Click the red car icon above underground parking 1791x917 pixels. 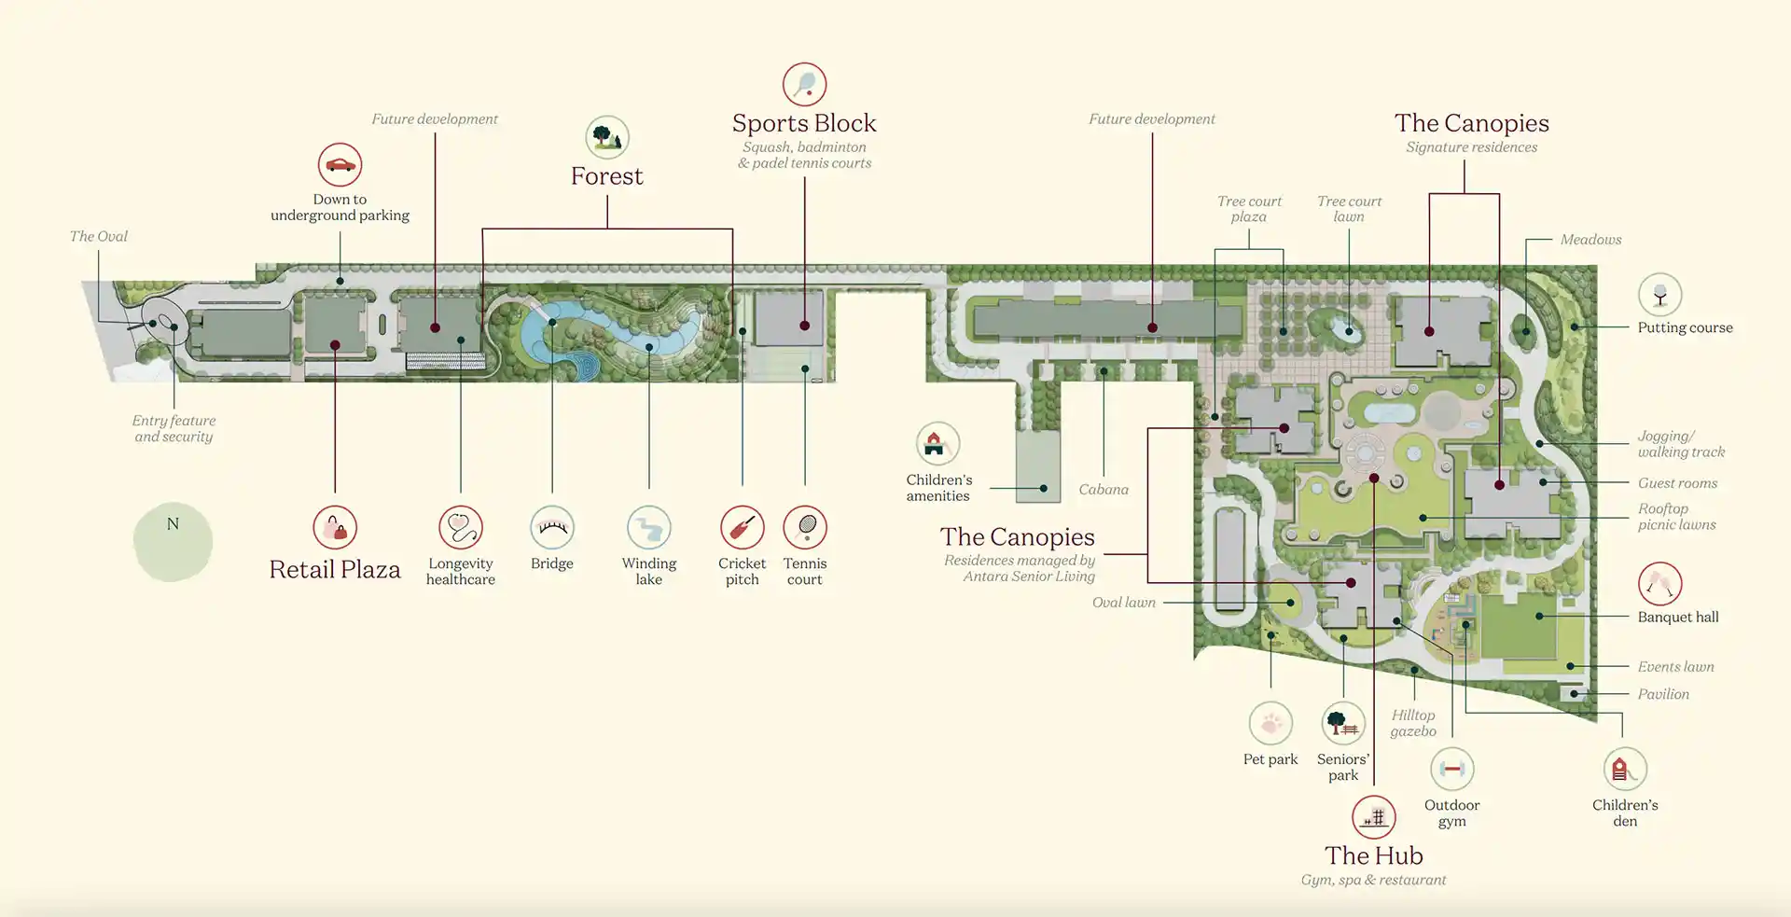click(340, 165)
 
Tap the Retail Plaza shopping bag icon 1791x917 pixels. click(335, 528)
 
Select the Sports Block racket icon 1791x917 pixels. click(804, 85)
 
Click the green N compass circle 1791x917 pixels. click(173, 541)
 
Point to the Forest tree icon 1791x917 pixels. click(607, 138)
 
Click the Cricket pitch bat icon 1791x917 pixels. click(742, 528)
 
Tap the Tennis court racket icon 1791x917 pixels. click(805, 528)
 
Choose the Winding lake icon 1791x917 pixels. click(649, 528)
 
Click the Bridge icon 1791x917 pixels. click(552, 528)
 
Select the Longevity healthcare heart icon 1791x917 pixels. click(461, 528)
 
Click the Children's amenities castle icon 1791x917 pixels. click(937, 444)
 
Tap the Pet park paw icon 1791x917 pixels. click(1270, 724)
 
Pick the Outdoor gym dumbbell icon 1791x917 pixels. click(1451, 770)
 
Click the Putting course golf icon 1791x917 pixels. click(1659, 295)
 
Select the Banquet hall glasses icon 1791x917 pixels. click(1659, 585)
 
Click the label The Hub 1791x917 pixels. click(1373, 855)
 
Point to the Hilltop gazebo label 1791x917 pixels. click(1413, 723)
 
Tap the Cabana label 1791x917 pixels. click(1104, 490)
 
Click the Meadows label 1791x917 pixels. click(1590, 240)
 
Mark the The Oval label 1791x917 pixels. click(99, 237)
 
